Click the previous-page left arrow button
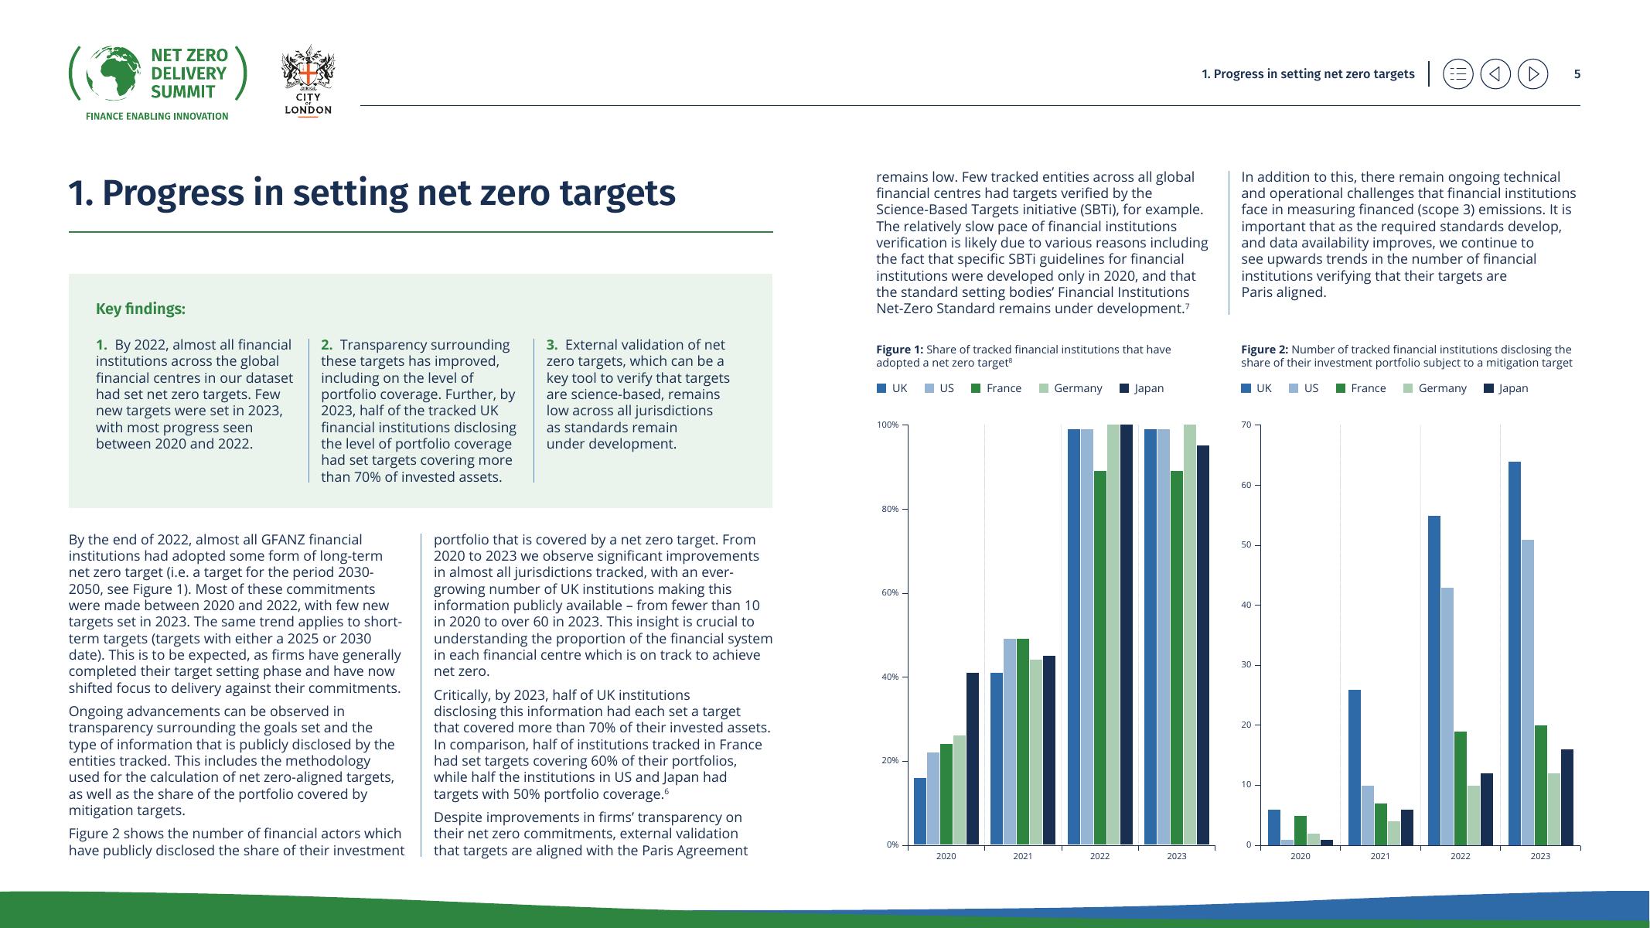point(1495,74)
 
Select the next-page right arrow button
point(1532,74)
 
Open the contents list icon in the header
point(1457,74)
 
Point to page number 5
point(1577,74)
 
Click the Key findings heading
point(141,309)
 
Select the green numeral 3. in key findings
point(552,345)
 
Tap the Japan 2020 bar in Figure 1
point(972,758)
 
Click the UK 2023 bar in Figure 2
point(1514,653)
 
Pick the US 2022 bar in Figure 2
point(1447,716)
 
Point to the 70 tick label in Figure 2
point(1246,425)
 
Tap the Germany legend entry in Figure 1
point(1070,388)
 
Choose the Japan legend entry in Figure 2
point(1505,388)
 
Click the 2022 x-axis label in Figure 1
point(1099,856)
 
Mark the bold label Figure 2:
point(1264,350)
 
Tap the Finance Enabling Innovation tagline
point(157,116)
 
